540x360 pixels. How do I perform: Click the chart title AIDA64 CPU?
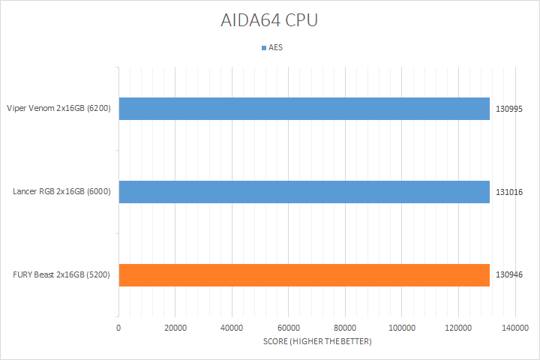pyautogui.click(x=270, y=20)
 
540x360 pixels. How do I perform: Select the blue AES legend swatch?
pyautogui.click(x=263, y=48)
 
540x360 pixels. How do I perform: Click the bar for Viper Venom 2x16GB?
pyautogui.click(x=304, y=109)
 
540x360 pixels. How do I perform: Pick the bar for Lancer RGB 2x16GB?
pyautogui.click(x=304, y=191)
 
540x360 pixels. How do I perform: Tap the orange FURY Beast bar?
pyautogui.click(x=304, y=274)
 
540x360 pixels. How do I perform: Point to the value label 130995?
pyautogui.click(x=508, y=109)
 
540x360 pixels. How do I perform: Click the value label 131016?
pyautogui.click(x=508, y=191)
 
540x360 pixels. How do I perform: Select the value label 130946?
pyautogui.click(x=508, y=274)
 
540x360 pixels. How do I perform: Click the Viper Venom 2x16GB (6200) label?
pyautogui.click(x=58, y=109)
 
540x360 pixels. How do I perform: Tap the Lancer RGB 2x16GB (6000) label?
pyautogui.click(x=61, y=191)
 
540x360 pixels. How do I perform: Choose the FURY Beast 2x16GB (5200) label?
pyautogui.click(x=61, y=274)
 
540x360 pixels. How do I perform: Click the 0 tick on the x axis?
pyautogui.click(x=118, y=328)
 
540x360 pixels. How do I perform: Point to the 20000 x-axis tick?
pyautogui.click(x=175, y=328)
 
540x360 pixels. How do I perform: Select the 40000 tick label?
pyautogui.click(x=232, y=328)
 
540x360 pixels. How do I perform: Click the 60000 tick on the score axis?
pyautogui.click(x=288, y=328)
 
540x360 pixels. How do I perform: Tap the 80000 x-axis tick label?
pyautogui.click(x=345, y=328)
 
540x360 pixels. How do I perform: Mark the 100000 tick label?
pyautogui.click(x=401, y=328)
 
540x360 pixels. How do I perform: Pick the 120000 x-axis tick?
pyautogui.click(x=458, y=328)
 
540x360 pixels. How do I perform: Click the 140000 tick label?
pyautogui.click(x=514, y=328)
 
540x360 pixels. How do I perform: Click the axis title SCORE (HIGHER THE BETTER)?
pyautogui.click(x=317, y=342)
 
